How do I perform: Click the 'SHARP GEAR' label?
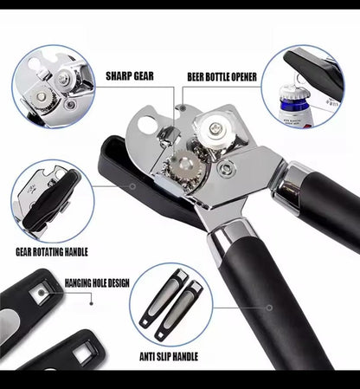click(130, 76)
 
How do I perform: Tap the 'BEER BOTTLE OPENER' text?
click(222, 77)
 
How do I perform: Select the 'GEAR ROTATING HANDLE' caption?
click(52, 252)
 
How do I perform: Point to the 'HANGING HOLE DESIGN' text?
click(97, 282)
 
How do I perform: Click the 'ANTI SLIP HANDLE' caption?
click(169, 357)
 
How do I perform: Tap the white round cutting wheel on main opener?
click(215, 127)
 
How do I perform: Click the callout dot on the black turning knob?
click(132, 186)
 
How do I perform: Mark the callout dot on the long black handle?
click(269, 308)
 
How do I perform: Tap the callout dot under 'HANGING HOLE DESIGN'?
click(92, 303)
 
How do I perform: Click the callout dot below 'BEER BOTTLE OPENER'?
click(183, 108)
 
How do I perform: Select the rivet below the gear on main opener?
click(226, 168)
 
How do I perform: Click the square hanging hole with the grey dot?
click(42, 292)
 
